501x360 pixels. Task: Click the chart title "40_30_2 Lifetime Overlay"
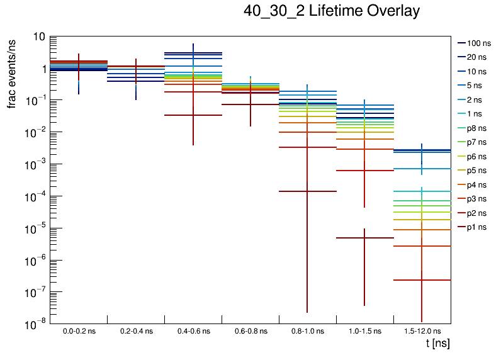[x=331, y=11]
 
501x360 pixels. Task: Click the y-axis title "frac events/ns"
[x=12, y=71]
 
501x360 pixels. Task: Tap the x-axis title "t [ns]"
[x=437, y=344]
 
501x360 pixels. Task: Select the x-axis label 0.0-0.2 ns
[x=79, y=330]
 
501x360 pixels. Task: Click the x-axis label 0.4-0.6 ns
[x=193, y=330]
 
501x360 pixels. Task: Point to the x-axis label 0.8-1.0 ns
[x=307, y=330]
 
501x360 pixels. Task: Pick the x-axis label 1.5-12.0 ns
[x=422, y=330]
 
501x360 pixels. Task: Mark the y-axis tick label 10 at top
[x=39, y=37]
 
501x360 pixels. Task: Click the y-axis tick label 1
[x=42, y=69]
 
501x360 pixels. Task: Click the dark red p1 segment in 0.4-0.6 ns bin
[x=179, y=115]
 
